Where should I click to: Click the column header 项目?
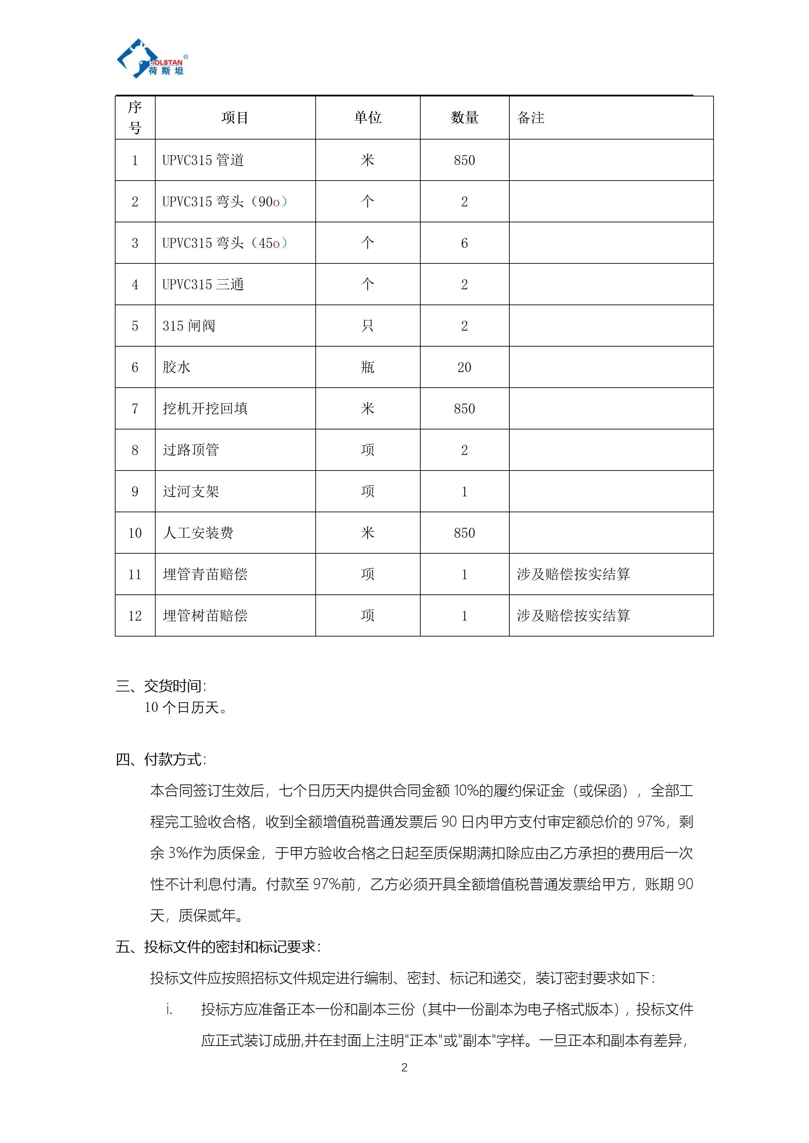pyautogui.click(x=235, y=118)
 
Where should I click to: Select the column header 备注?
pyautogui.click(x=531, y=118)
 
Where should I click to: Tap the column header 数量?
pyautogui.click(x=464, y=118)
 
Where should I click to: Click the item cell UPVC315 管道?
pyautogui.click(x=203, y=160)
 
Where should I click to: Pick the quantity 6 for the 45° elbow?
pyautogui.click(x=464, y=243)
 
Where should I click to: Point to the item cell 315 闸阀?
pyautogui.click(x=189, y=326)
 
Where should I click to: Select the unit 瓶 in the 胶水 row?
pyautogui.click(x=368, y=367)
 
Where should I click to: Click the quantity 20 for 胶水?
pyautogui.click(x=464, y=367)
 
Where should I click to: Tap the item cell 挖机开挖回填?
pyautogui.click(x=205, y=409)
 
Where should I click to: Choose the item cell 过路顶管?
pyautogui.click(x=191, y=450)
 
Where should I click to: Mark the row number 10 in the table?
pyautogui.click(x=135, y=533)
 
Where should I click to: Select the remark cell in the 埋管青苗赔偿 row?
pyautogui.click(x=574, y=574)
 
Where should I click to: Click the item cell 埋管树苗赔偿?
pyautogui.click(x=205, y=616)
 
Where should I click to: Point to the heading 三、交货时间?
pyautogui.click(x=161, y=686)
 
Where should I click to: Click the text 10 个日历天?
pyautogui.click(x=185, y=707)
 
